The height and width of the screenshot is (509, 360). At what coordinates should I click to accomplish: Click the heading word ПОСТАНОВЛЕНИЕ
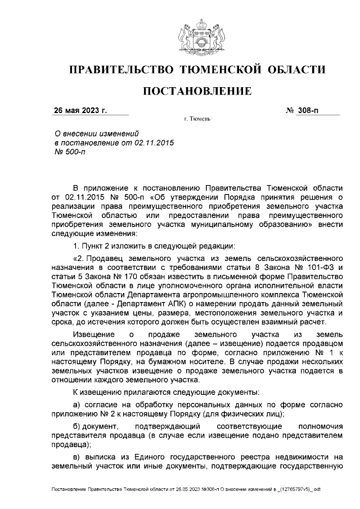click(196, 91)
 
